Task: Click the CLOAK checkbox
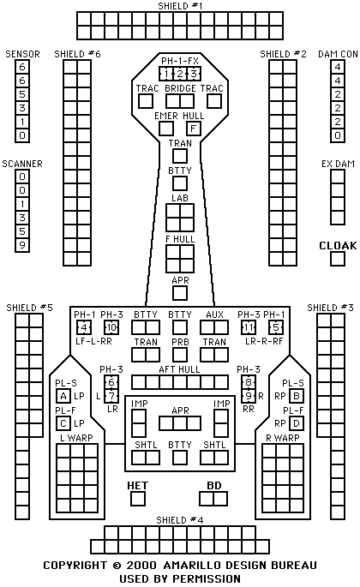pos(338,259)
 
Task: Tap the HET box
pos(138,499)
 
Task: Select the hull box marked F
pos(194,129)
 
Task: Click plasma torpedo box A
pos(63,396)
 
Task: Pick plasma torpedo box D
pos(297,423)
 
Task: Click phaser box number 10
pos(111,327)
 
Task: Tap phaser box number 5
pos(276,327)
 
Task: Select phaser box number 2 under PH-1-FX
pos(180,74)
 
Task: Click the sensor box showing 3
pos(22,108)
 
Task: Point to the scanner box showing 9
pos(22,245)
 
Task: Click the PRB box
pos(180,355)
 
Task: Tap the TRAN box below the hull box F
pos(180,156)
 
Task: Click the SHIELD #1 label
pos(180,6)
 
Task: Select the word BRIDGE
pos(180,88)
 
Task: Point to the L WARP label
pos(76,438)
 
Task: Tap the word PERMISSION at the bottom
pos(207,578)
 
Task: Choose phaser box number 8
pos(249,382)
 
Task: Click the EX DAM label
pos(338,164)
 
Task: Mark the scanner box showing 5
pos(22,231)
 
